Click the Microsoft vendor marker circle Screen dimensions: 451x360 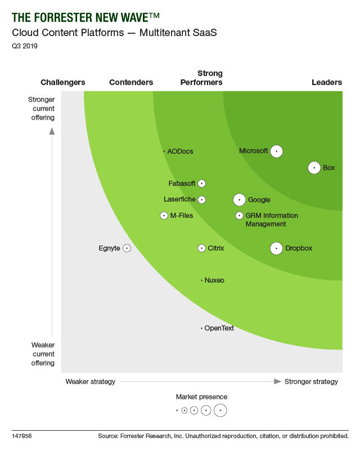click(x=276, y=151)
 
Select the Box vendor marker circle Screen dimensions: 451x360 click(x=314, y=168)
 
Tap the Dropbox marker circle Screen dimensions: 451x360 click(x=276, y=248)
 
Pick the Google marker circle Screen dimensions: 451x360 click(x=240, y=200)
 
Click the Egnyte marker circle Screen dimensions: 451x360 click(x=127, y=248)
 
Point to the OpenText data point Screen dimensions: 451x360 click(x=201, y=328)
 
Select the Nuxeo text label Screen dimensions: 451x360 click(x=214, y=280)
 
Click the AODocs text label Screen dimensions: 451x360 click(x=181, y=151)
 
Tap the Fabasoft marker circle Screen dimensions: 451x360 click(x=201, y=183)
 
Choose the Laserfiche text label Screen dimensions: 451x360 click(x=179, y=199)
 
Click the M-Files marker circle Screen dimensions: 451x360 click(x=164, y=215)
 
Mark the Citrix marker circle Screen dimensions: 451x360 click(x=201, y=248)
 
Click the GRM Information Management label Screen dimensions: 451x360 click(x=272, y=220)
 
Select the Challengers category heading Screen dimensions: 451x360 click(x=63, y=83)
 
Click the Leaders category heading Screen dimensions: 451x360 click(x=327, y=83)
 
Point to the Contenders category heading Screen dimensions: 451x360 click(x=131, y=83)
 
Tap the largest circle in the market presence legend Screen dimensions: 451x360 click(x=220, y=411)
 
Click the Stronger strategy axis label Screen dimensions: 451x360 click(x=311, y=382)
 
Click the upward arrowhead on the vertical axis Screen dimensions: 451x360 click(x=52, y=132)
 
